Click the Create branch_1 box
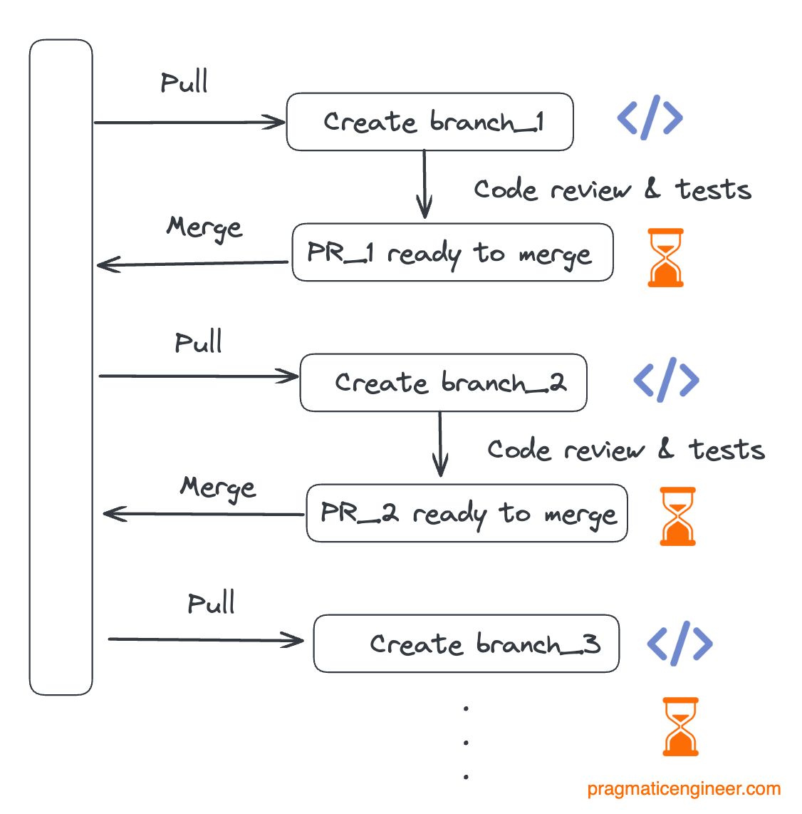(429, 122)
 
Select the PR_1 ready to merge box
(452, 253)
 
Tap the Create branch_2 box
(443, 383)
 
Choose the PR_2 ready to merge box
(467, 513)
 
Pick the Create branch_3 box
(466, 644)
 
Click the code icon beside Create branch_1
(650, 118)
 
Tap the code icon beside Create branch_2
(666, 379)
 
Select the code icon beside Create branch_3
(679, 643)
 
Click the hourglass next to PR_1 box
(665, 257)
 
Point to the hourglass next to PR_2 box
(677, 516)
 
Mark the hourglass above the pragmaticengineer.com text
(680, 726)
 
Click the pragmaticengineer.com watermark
(684, 790)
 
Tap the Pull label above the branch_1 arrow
(184, 83)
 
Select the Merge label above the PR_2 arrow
(218, 488)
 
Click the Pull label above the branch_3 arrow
(211, 604)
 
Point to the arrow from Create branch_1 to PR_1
(425, 184)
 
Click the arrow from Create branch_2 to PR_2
(440, 445)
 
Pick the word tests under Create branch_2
(727, 450)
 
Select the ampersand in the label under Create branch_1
(652, 189)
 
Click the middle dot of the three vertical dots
(466, 743)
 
